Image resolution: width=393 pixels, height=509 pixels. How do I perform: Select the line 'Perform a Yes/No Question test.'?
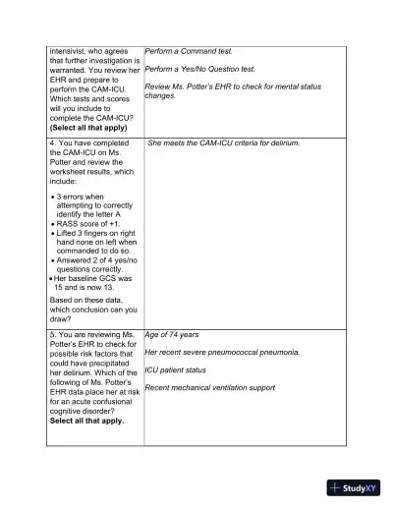[199, 70]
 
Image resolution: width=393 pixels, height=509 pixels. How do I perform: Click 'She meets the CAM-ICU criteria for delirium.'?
[223, 143]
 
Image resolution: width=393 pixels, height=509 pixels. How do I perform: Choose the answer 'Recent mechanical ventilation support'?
[209, 388]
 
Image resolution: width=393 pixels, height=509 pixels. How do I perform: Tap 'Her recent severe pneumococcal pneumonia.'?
[222, 352]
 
